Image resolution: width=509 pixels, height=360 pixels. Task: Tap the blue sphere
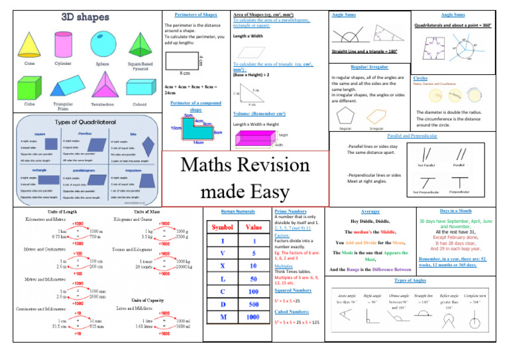tap(103, 42)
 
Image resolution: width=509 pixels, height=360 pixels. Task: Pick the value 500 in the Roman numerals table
tap(254, 304)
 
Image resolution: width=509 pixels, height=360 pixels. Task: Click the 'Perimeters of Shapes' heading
tap(195, 15)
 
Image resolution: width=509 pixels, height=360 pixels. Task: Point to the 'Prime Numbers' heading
tap(290, 210)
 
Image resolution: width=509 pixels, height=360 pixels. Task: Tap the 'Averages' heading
tap(371, 210)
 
